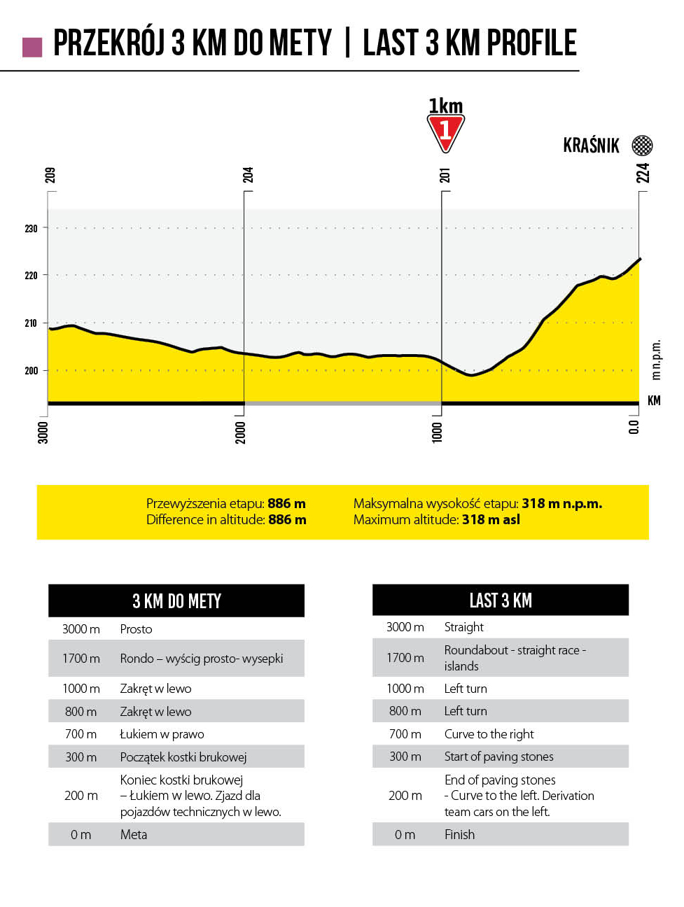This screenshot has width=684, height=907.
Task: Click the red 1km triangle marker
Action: pyautogui.click(x=445, y=132)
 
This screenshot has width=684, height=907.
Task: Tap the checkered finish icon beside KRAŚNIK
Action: pyautogui.click(x=642, y=146)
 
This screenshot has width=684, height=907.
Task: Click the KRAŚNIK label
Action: pyautogui.click(x=591, y=146)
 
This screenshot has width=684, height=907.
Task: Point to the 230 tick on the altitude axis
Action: pyautogui.click(x=31, y=228)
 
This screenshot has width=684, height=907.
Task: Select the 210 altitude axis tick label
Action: pyautogui.click(x=31, y=323)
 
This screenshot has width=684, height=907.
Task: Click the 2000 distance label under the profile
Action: pyautogui.click(x=240, y=432)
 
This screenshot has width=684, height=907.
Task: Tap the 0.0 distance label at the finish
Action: pyautogui.click(x=634, y=427)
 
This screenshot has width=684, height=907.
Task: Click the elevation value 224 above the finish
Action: pyautogui.click(x=643, y=173)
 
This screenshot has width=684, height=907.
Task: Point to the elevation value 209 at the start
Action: pyautogui.click(x=50, y=175)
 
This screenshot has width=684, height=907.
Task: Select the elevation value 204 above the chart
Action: pyautogui.click(x=248, y=175)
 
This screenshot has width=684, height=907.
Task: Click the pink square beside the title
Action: pyautogui.click(x=32, y=47)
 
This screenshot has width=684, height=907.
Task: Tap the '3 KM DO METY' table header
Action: pyautogui.click(x=176, y=601)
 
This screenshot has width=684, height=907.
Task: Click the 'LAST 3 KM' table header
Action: pyautogui.click(x=501, y=600)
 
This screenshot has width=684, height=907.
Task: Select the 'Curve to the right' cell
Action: pyautogui.click(x=489, y=734)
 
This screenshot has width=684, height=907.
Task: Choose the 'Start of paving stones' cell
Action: pyautogui.click(x=498, y=757)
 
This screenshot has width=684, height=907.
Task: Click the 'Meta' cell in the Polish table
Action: pyautogui.click(x=134, y=834)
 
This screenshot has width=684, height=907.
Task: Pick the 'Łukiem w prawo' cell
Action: pyautogui.click(x=162, y=734)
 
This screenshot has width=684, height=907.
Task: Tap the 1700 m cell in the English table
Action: pyautogui.click(x=405, y=658)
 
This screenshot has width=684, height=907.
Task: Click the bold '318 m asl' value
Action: pyautogui.click(x=491, y=519)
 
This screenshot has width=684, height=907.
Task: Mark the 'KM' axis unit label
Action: pyautogui.click(x=654, y=400)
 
